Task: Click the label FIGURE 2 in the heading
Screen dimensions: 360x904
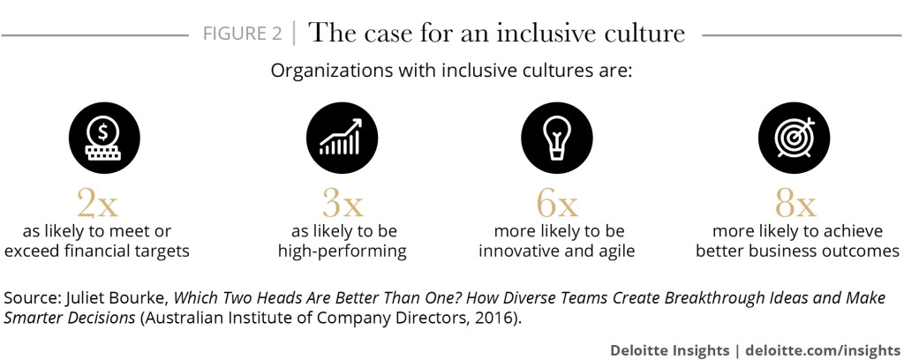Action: (x=243, y=34)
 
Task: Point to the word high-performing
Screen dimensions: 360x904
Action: (x=343, y=251)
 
